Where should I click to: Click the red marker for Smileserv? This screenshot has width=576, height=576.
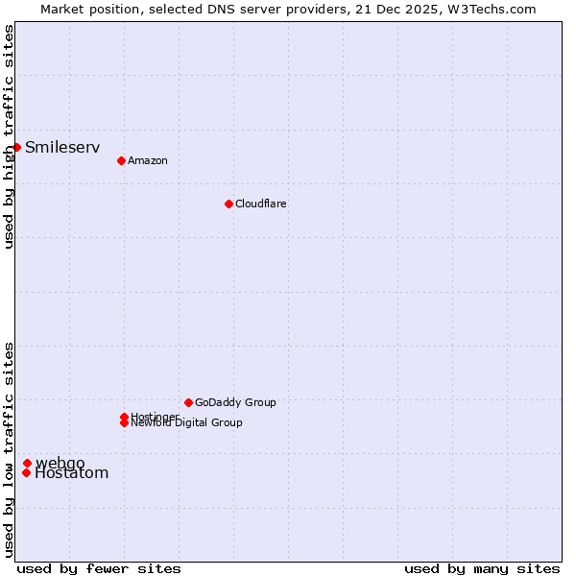tap(16, 147)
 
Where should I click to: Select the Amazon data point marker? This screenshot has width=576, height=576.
tap(121, 160)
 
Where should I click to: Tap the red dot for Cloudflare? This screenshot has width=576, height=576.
tap(228, 204)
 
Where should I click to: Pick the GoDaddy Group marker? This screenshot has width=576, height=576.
tap(188, 402)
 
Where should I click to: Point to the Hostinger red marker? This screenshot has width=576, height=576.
tap(124, 417)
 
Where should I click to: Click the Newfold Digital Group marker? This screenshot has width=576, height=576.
tap(124, 423)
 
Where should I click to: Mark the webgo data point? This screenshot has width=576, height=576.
tap(27, 463)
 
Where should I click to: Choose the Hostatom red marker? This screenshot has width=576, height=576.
tap(26, 472)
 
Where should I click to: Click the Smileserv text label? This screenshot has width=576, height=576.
tap(62, 147)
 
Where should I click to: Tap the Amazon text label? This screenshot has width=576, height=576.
tap(148, 160)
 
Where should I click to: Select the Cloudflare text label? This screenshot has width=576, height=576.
tap(261, 204)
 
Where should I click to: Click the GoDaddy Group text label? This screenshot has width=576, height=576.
tap(235, 402)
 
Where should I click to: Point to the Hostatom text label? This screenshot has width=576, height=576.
tap(72, 472)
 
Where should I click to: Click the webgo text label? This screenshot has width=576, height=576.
tap(60, 463)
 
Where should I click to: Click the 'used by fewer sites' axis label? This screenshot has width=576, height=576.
tap(99, 568)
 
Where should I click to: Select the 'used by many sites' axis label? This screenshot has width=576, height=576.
tap(482, 568)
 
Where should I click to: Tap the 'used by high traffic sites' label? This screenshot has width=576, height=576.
tap(10, 136)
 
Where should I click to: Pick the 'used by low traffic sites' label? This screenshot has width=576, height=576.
tap(10, 449)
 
